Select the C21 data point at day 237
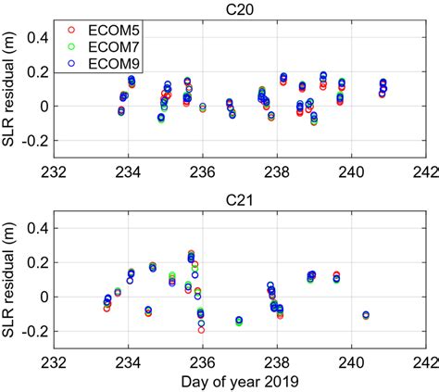239,321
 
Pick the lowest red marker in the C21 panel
201,329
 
